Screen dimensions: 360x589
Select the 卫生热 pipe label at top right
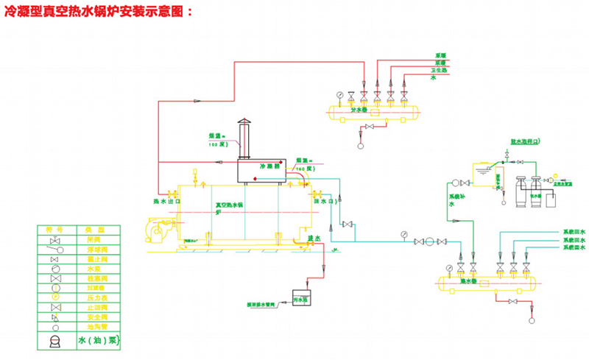[x=440, y=69]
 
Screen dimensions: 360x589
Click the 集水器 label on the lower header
[x=470, y=280]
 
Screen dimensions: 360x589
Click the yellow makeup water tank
[x=484, y=177]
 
